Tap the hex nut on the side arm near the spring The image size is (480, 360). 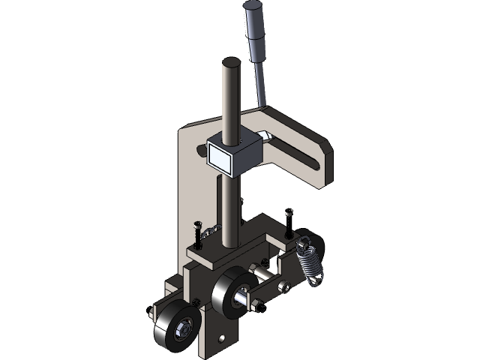(283, 286)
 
